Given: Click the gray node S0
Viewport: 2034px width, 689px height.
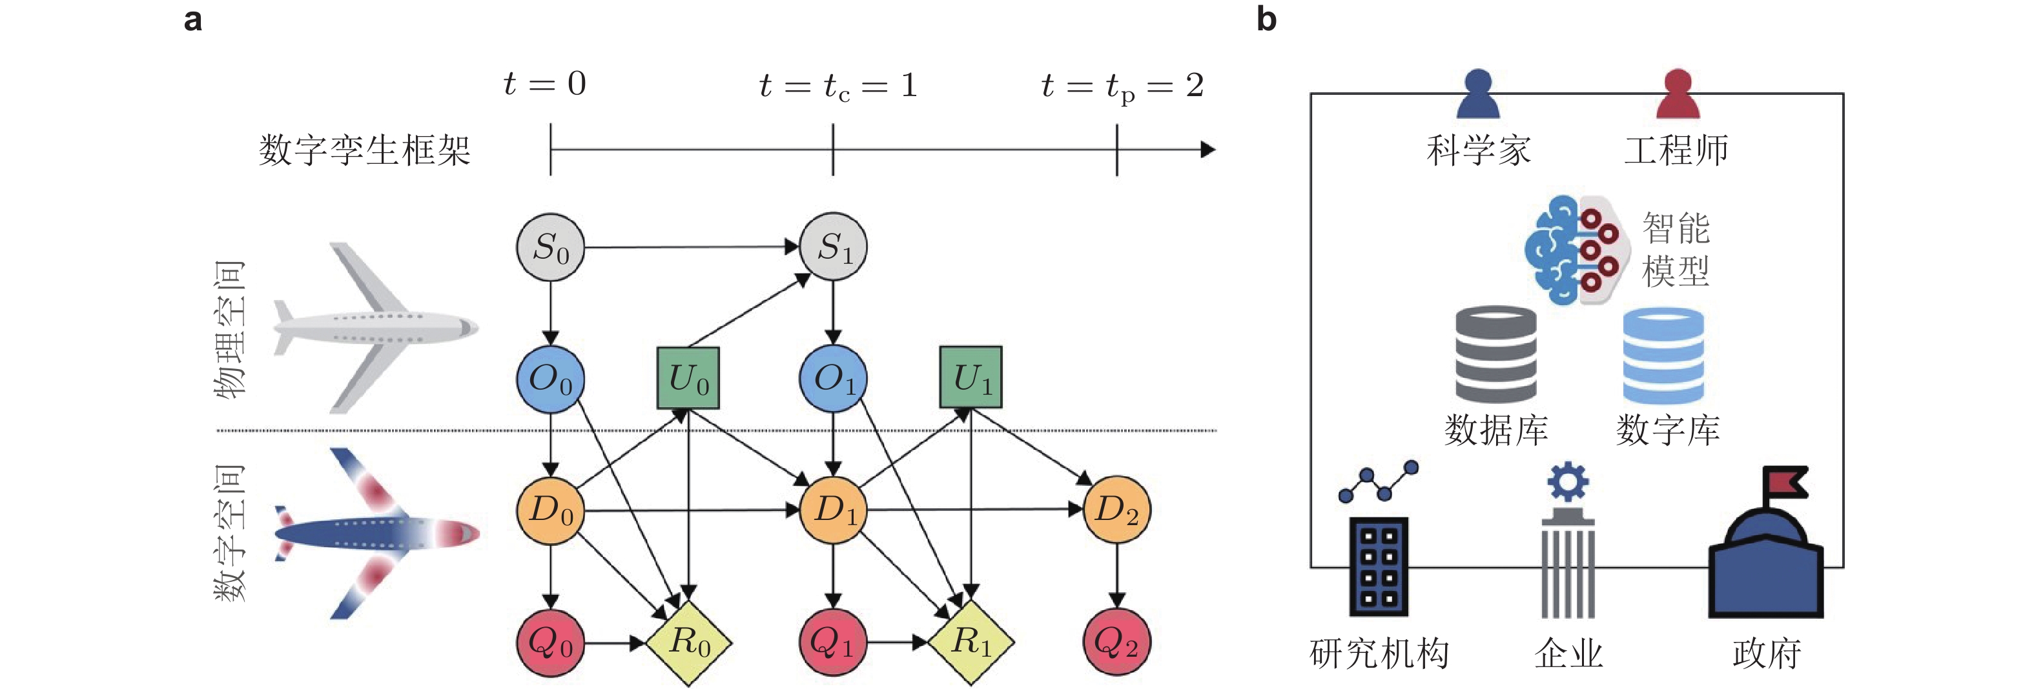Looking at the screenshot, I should coord(550,247).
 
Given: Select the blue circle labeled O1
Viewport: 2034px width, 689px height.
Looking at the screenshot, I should coord(833,378).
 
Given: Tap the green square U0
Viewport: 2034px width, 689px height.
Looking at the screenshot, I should coord(688,378).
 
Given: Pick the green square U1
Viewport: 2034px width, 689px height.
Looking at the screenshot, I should coord(971,377).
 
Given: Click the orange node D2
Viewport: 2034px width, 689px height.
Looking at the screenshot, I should coord(1116,510).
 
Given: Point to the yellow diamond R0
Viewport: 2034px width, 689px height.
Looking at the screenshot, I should coord(688,643).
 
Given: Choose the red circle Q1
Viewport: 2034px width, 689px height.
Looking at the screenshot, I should coord(833,643).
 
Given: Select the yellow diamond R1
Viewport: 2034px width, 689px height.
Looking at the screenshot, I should coord(971,643).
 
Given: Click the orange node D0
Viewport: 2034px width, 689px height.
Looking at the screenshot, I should coord(550,510).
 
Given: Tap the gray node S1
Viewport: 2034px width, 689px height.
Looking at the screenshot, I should coord(833,247).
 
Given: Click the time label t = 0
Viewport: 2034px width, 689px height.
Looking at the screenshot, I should coord(545,84).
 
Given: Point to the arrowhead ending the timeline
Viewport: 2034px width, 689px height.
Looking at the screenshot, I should coord(1208,149).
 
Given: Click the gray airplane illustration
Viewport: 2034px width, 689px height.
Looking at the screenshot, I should coord(375,328).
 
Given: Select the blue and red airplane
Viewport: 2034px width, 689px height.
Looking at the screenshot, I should coord(375,533).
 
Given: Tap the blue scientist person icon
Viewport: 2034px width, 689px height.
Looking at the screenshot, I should coord(1477,95).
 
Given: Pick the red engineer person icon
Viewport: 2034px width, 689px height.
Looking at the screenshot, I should coord(1677,95).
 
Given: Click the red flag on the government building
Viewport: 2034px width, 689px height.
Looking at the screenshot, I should coord(1786,481).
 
